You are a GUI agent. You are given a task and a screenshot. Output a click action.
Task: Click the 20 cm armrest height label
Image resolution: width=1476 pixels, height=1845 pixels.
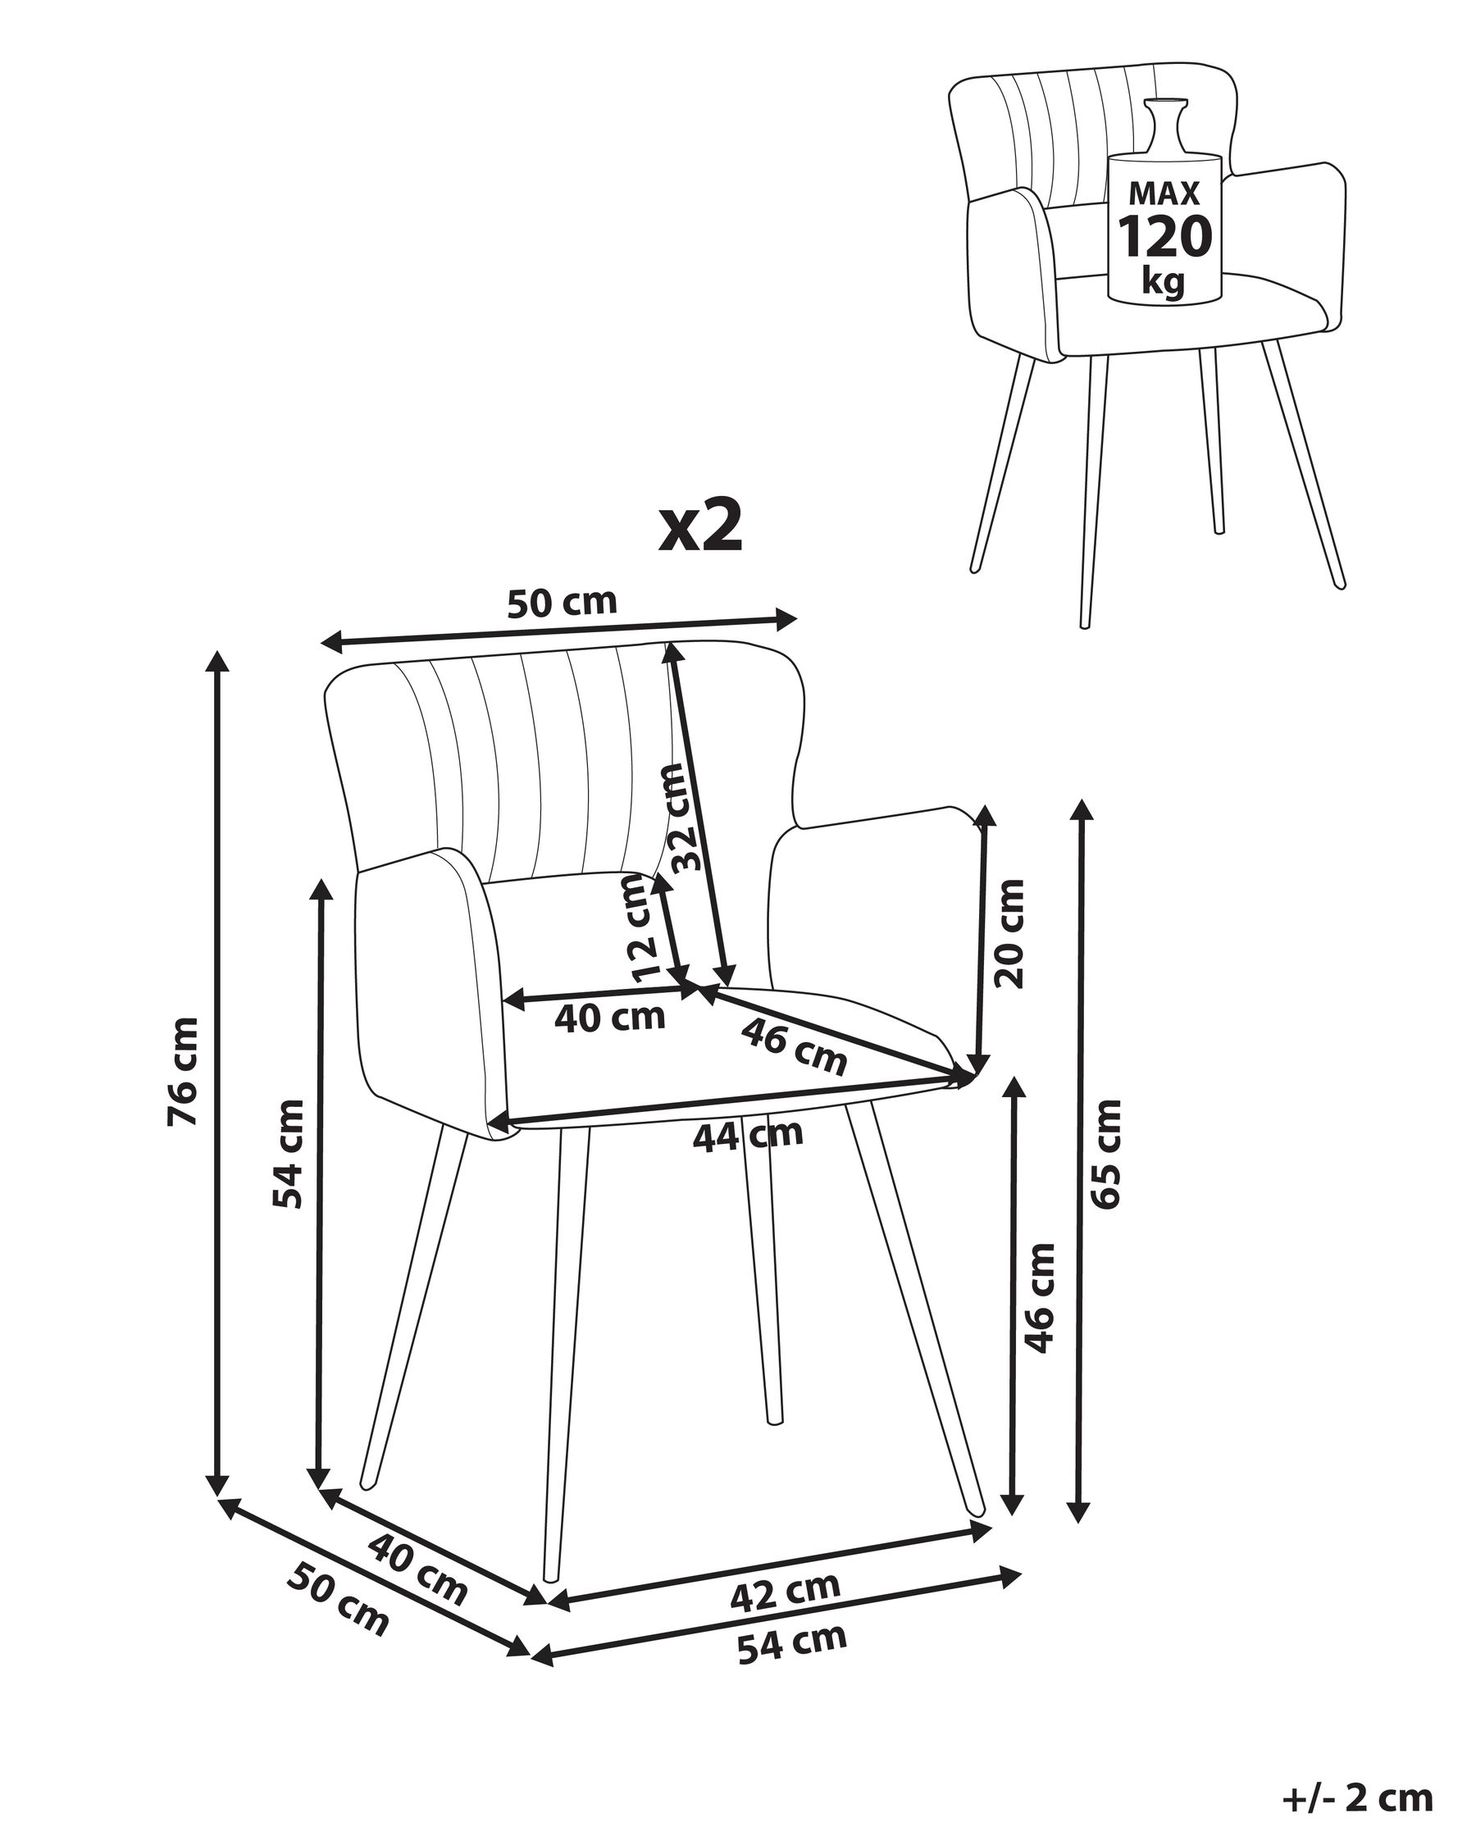[1010, 934]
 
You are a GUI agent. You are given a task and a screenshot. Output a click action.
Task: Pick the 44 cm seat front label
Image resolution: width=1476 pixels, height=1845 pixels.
[748, 1136]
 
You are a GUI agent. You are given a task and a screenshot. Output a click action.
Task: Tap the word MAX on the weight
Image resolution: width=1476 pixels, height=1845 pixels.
[1164, 194]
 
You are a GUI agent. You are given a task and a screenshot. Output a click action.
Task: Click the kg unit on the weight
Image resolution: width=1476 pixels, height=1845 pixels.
[1164, 280]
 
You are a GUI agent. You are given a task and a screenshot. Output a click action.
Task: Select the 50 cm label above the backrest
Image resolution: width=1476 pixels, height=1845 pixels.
[563, 603]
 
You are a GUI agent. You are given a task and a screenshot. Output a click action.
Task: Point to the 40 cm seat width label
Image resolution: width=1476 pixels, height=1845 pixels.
[610, 1018]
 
